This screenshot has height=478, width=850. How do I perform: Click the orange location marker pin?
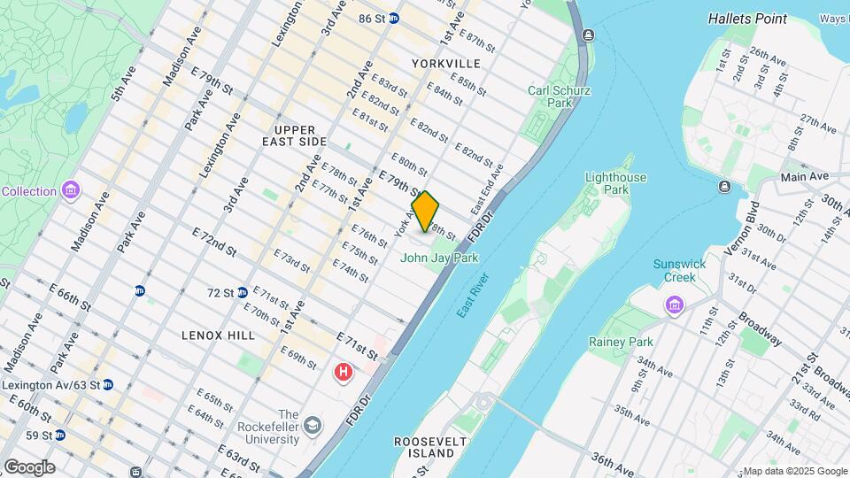coord(426,212)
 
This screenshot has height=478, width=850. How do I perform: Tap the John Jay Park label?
coord(439,258)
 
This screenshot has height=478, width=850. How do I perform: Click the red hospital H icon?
coord(343,373)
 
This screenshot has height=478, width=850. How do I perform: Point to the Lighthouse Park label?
coord(609,183)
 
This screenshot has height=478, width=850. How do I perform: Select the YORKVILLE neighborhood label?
coord(446,64)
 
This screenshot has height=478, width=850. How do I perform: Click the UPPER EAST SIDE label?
coord(295,135)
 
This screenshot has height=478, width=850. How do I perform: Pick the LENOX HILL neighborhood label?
coord(218,335)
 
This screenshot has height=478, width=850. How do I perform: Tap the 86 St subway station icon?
coord(393,18)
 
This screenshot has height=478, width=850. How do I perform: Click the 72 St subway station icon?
coord(242,292)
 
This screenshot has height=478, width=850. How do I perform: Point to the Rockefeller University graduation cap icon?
coord(313,427)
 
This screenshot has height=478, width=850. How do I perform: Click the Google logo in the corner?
coord(29,467)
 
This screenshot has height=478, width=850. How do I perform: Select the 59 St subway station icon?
coord(60,436)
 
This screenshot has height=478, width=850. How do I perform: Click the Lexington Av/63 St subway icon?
coord(108,385)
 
